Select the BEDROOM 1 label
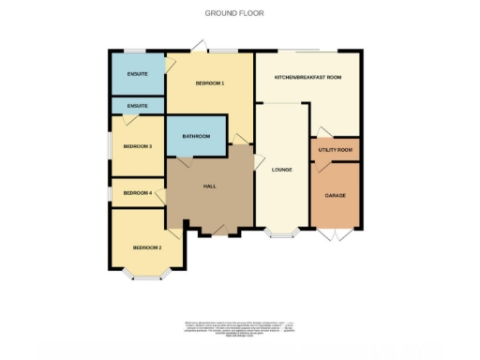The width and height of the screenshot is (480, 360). [x=209, y=84]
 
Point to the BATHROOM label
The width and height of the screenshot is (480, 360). [x=196, y=137]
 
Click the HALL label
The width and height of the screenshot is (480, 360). [x=210, y=186]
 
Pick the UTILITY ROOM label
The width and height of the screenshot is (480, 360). [x=335, y=150]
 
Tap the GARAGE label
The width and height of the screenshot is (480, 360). [x=335, y=195]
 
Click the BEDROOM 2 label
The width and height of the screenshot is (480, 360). [x=147, y=247]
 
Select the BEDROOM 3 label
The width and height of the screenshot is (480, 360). [x=138, y=146]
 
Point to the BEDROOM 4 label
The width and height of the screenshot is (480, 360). [x=137, y=193]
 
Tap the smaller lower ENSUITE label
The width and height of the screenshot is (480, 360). [x=137, y=106]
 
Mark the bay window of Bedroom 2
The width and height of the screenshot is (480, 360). [x=147, y=276]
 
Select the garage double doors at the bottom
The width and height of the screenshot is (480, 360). [x=335, y=232]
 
